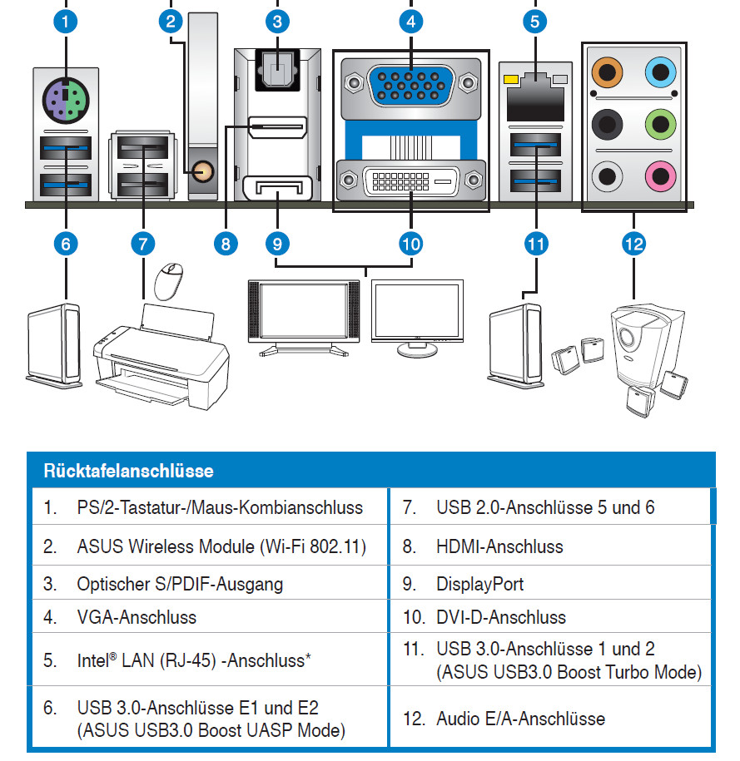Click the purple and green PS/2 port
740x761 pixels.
66,101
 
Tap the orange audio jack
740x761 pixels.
607,72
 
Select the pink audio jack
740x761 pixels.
660,175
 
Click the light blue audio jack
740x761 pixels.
660,72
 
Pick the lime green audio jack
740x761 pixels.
660,124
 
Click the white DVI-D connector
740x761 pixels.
411,180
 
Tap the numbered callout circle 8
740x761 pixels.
226,244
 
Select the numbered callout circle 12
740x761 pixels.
634,244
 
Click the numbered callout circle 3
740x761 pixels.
277,22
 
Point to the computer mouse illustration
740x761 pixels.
169,280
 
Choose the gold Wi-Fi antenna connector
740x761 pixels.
203,171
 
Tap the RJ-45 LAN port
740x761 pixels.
535,98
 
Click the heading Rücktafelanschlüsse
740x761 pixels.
129,471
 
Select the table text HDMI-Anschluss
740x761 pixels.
499,546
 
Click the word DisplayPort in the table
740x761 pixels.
480,584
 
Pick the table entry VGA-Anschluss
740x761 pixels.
137,617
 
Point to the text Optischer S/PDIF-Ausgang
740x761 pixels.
180,584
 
